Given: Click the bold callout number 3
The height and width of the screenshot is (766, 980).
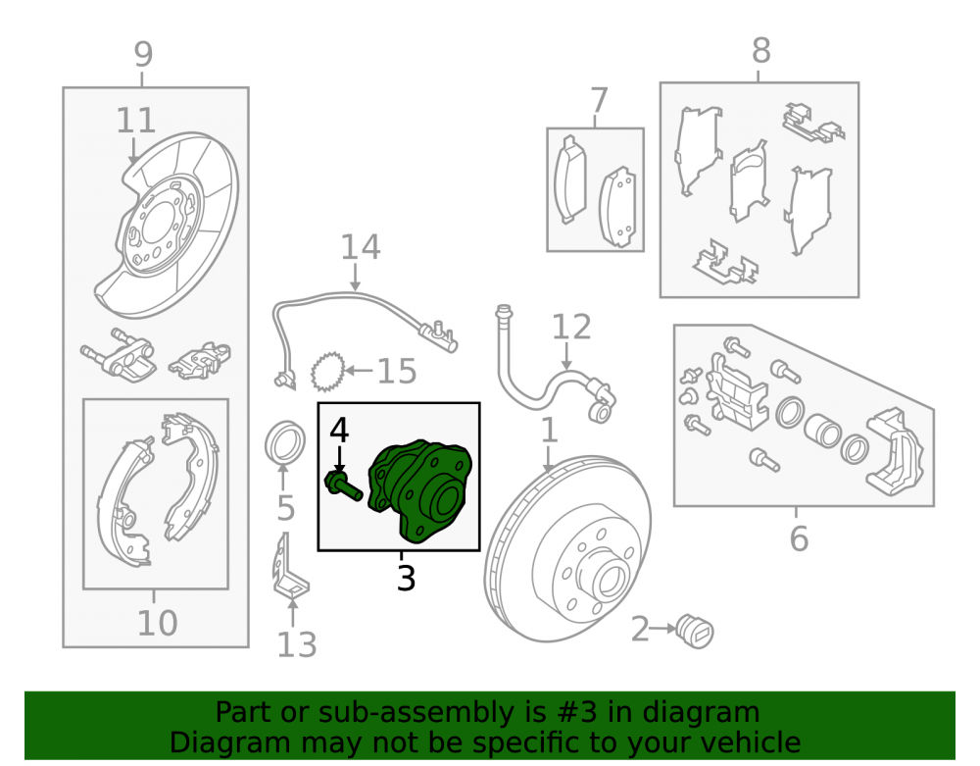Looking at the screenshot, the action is click(x=406, y=579).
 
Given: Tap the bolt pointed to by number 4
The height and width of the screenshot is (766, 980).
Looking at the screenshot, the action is click(x=343, y=487).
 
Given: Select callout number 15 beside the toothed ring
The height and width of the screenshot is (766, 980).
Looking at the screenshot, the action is click(x=397, y=372).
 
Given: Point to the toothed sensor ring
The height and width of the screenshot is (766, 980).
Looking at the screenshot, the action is click(x=327, y=372).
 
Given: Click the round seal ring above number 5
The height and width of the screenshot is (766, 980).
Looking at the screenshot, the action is click(x=285, y=444).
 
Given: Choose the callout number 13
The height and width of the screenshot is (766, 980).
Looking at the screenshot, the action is click(x=297, y=644).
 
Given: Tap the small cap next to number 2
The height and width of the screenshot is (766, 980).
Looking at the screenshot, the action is click(x=695, y=632).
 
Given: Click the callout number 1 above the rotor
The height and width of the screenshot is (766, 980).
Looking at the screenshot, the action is click(x=549, y=431).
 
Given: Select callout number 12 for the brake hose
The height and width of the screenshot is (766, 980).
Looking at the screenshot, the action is click(x=571, y=327).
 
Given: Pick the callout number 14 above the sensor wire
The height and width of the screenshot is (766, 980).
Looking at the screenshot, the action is click(x=361, y=247).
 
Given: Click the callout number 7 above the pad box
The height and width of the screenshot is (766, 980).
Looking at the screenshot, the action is click(x=599, y=101).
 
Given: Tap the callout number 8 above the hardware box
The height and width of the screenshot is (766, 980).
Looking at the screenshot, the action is click(x=760, y=51).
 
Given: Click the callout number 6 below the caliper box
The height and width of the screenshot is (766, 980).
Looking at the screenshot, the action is click(x=799, y=539).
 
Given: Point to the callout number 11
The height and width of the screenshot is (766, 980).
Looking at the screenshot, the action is click(x=135, y=120).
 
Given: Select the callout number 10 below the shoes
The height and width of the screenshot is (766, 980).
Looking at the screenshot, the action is click(x=157, y=623).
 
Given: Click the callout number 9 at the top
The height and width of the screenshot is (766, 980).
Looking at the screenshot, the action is click(x=143, y=54).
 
